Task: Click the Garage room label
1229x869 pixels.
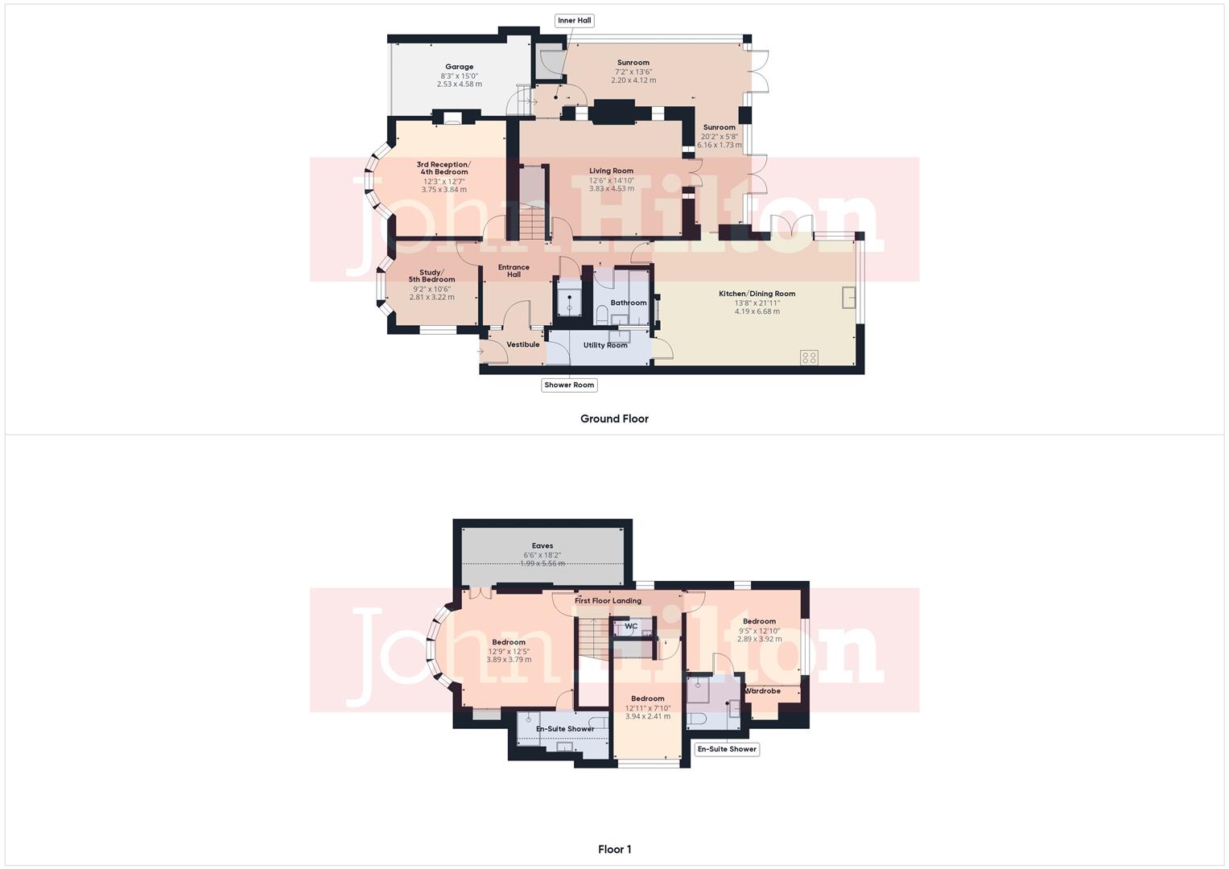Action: pos(460,67)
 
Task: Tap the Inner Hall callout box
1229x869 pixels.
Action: pos(575,20)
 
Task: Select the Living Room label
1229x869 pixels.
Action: pos(611,171)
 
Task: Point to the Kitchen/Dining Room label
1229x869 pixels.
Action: pos(757,294)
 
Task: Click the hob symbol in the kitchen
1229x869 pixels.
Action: pos(809,357)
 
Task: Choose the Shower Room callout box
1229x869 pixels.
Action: pos(569,385)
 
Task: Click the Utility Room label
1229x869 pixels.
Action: pos(605,345)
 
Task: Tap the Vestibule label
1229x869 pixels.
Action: pos(523,344)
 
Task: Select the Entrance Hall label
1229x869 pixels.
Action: pos(513,270)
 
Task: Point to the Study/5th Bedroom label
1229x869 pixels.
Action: pos(431,276)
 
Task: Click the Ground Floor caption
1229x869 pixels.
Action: pos(614,418)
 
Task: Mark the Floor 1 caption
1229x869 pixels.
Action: pos(614,849)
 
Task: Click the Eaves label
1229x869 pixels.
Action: pos(542,546)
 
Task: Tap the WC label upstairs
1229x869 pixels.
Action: pos(631,626)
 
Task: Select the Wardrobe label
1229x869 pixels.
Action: pos(762,690)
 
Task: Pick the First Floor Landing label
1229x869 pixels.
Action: pos(608,600)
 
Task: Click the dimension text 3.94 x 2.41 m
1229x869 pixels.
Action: pos(647,716)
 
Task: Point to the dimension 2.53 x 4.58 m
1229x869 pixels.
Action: pos(460,84)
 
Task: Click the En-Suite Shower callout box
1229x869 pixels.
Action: pos(727,749)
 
